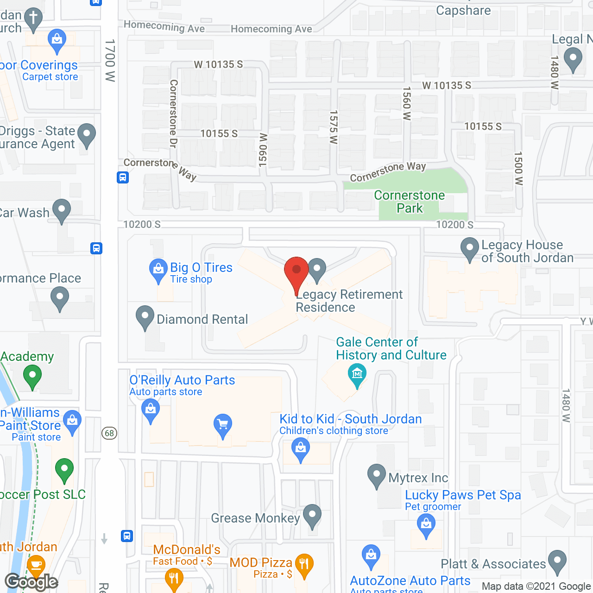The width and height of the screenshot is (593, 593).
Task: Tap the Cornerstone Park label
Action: click(x=410, y=202)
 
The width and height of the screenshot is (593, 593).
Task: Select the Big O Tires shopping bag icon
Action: click(x=158, y=269)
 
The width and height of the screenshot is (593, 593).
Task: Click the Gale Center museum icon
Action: click(x=357, y=373)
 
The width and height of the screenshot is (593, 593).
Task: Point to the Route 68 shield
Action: click(x=109, y=433)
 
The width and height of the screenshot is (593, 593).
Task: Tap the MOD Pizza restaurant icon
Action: click(x=304, y=564)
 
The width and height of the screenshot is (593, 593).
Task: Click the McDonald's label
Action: click(x=187, y=550)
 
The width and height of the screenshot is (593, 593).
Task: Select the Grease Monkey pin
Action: click(x=312, y=515)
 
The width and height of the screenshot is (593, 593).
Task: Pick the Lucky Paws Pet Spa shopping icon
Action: click(x=426, y=524)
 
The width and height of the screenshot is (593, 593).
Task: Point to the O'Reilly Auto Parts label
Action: click(x=182, y=380)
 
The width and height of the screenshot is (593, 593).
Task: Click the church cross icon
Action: click(x=33, y=19)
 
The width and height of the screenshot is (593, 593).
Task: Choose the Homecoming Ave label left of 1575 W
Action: click(x=164, y=26)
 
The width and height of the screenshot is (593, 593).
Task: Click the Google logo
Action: click(x=32, y=582)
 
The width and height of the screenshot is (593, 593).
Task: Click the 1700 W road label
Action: click(x=110, y=60)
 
